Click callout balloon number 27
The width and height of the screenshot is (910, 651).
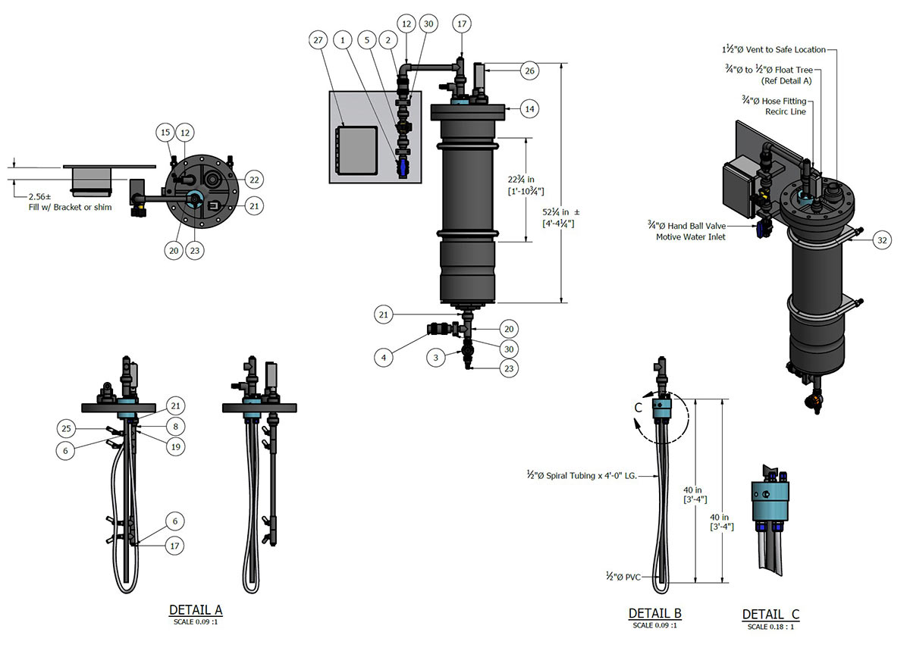tap(318, 38)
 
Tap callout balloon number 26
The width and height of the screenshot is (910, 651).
tap(529, 70)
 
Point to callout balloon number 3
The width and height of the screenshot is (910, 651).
tap(435, 355)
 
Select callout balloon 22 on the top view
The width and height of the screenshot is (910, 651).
tap(254, 180)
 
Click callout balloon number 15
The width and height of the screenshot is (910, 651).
tap(165, 133)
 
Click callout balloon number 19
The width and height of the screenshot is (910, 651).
tap(174, 447)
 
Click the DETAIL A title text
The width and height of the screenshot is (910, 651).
tap(195, 610)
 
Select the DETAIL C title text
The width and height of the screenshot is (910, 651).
tap(770, 615)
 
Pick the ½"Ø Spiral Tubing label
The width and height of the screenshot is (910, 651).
tap(580, 475)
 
